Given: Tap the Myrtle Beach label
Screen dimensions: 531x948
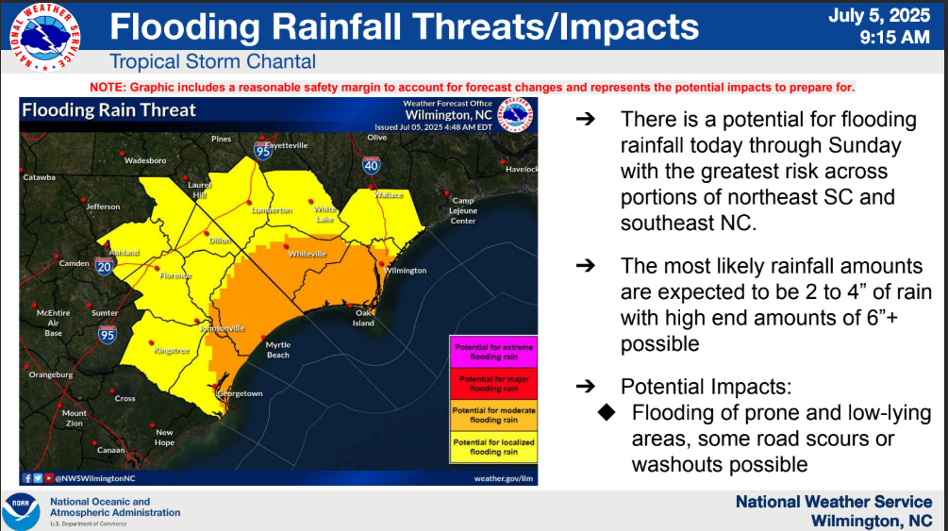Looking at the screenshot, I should point(277,350).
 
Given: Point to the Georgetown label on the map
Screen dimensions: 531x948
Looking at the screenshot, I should point(241,393).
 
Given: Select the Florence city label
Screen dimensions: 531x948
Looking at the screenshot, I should point(175,276).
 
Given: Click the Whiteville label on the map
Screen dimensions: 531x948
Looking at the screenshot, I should point(308,255).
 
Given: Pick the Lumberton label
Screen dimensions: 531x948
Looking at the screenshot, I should point(272,210).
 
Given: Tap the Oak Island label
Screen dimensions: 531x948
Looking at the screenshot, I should point(363,318).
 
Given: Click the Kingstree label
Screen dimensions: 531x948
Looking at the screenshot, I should point(173,351).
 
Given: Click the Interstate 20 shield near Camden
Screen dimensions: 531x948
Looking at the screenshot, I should point(104,268).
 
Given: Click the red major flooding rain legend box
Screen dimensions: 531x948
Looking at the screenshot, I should point(494,383).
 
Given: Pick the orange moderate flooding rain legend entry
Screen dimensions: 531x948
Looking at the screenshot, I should point(494,415).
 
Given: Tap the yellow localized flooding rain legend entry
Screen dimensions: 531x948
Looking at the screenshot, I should point(494,446).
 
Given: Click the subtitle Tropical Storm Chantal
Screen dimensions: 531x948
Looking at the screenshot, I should point(212,62).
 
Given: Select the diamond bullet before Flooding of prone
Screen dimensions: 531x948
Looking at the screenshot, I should point(607,413).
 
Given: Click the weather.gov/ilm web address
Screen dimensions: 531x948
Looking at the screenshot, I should point(505,478).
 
